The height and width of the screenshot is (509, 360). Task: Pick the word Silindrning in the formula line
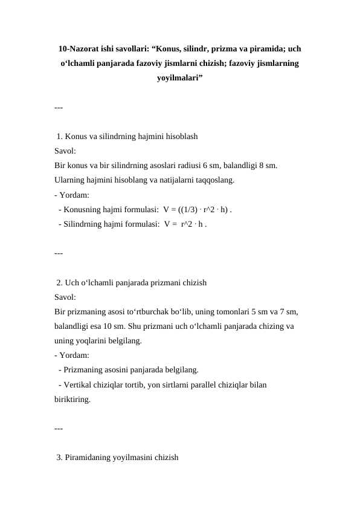point(82,224)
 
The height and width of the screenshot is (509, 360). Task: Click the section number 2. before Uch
point(59,282)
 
